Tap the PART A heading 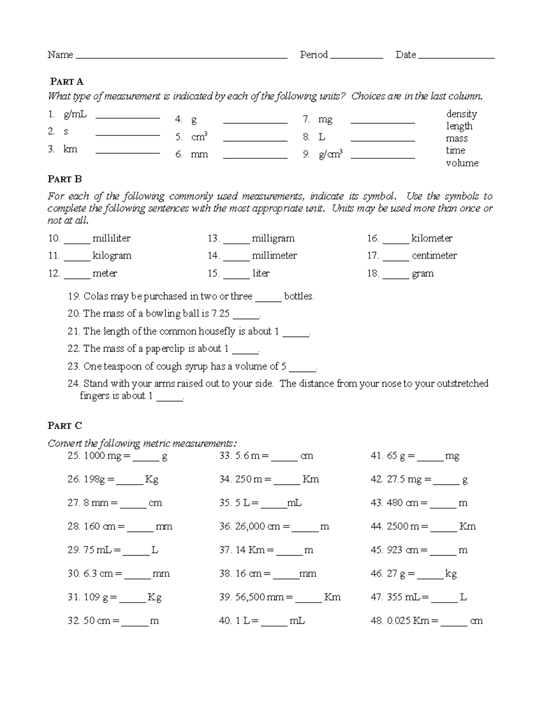[x=67, y=82]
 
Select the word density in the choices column [x=461, y=114]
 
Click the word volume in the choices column [x=462, y=163]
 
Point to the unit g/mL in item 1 [x=75, y=115]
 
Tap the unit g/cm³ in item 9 [x=331, y=154]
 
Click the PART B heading [x=65, y=179]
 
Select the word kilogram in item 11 [x=112, y=255]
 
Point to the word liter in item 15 [x=261, y=274]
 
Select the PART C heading [x=65, y=426]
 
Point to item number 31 [x=74, y=597]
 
